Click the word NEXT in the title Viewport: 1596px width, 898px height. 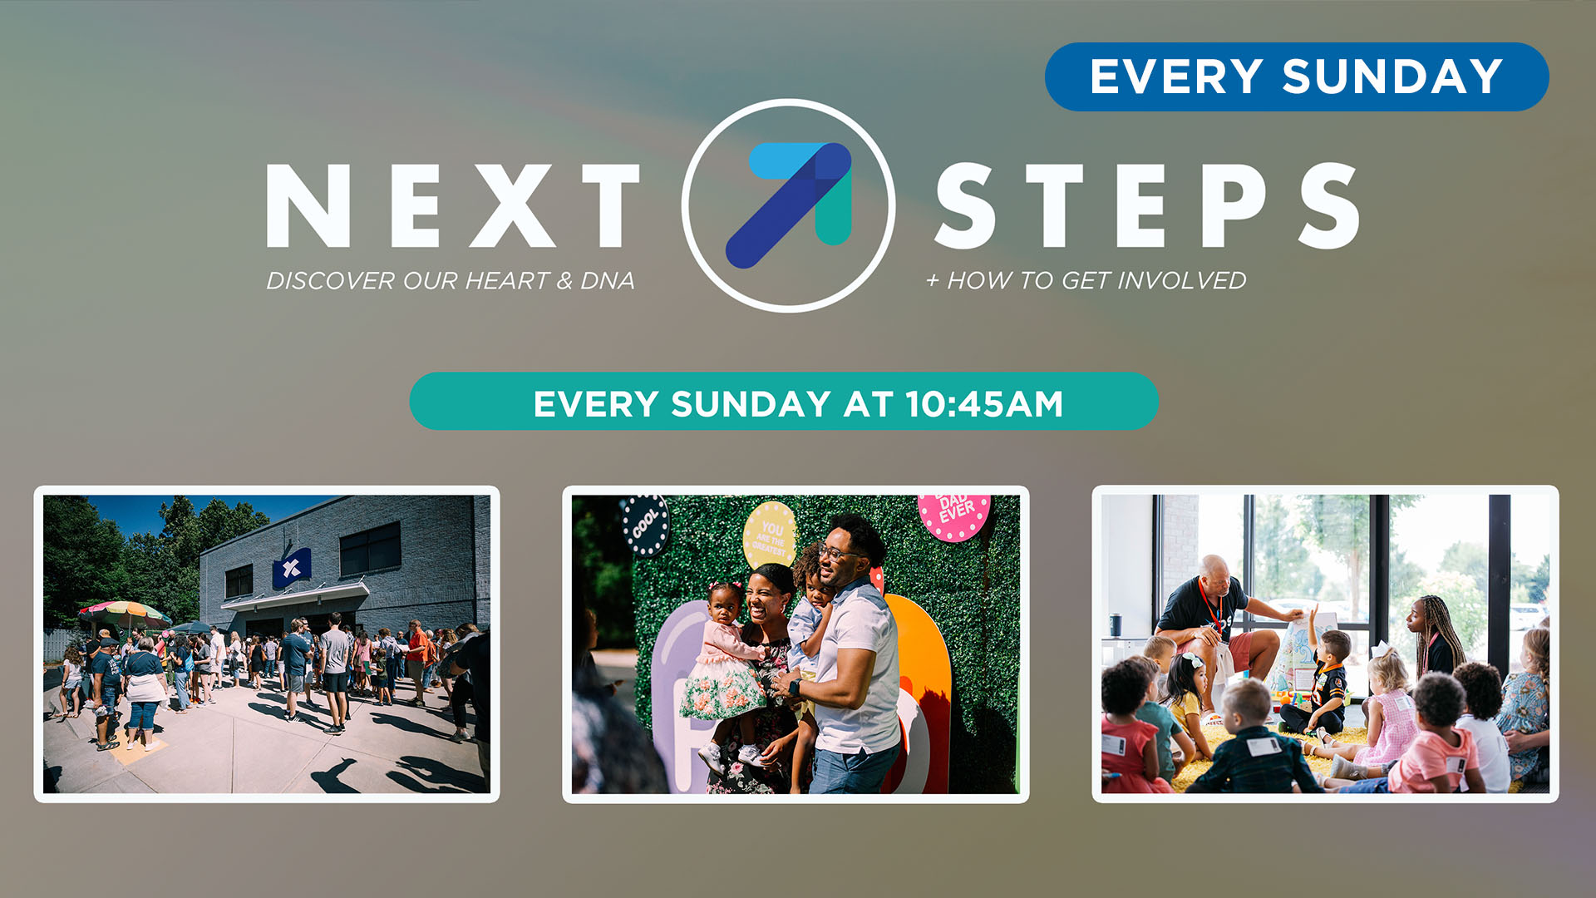[453, 205]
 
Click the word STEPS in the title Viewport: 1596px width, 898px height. [1147, 205]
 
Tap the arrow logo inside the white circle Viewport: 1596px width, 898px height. [789, 205]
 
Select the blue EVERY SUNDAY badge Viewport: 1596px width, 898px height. [1297, 76]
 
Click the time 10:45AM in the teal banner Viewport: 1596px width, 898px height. [984, 404]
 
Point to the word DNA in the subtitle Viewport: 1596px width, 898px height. [608, 281]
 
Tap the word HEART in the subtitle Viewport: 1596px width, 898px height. [507, 281]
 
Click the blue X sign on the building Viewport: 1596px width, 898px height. [292, 568]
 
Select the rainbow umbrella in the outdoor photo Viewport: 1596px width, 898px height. [125, 614]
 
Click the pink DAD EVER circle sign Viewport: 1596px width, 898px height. [954, 514]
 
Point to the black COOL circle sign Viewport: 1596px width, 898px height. [646, 524]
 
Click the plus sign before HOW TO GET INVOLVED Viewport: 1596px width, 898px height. [933, 282]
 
